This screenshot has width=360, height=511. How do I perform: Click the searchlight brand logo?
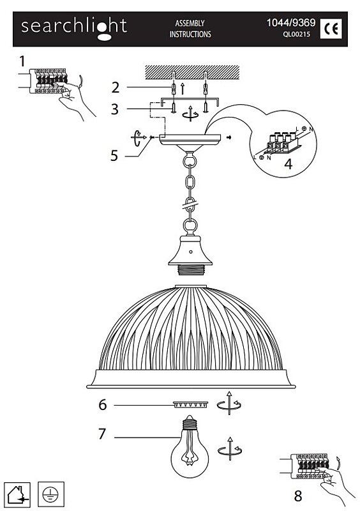coord(74,28)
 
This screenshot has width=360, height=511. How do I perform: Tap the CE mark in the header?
coord(331,29)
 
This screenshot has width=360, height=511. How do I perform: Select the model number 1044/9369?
coord(291,22)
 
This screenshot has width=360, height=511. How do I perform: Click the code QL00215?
coord(296,34)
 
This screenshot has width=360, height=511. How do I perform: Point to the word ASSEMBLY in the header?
coord(190,23)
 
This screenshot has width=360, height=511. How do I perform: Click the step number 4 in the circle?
coord(289,164)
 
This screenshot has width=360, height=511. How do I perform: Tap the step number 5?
coord(114,156)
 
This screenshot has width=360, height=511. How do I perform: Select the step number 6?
coord(103,405)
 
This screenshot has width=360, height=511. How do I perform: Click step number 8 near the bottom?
coord(298,496)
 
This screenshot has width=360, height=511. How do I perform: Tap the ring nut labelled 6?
coord(190,405)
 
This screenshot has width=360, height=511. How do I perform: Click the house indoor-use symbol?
coord(18,494)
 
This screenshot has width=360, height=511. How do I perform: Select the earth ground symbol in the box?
coord(51,494)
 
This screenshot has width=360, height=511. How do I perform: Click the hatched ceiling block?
coord(192,72)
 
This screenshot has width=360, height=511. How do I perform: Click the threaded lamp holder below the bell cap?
coord(190,270)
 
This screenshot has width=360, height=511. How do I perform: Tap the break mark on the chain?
coord(190,205)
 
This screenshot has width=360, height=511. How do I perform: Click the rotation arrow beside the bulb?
coord(230,449)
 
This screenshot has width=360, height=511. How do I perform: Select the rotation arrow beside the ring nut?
coord(229,404)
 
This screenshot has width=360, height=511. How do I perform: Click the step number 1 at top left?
coord(22,61)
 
